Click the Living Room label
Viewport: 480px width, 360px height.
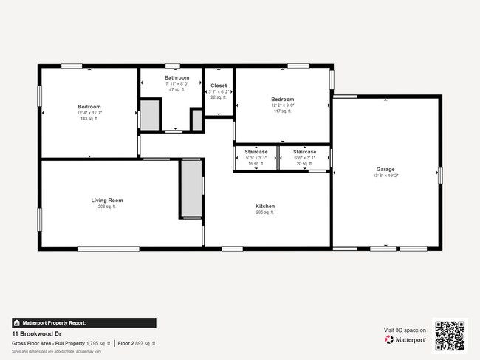pos(107,201)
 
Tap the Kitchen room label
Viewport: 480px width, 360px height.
pos(265,206)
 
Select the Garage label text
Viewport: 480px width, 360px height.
pos(386,169)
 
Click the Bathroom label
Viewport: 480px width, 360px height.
pos(177,77)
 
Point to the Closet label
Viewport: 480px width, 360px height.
pos(219,86)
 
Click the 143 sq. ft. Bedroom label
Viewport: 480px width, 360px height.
pos(89,107)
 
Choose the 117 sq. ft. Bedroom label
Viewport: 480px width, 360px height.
pos(282,100)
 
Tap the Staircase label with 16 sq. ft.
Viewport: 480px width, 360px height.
pos(256,152)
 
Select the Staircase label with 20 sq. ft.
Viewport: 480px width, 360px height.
pos(294,152)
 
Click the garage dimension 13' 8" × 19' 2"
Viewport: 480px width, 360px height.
pos(386,176)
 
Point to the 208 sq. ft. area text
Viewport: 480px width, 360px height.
pos(107,207)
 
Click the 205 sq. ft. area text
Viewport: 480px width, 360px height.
pos(265,212)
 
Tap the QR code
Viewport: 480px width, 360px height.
pos(450,336)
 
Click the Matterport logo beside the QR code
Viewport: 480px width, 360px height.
pos(405,340)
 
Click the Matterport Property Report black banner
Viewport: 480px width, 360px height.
pos(83,322)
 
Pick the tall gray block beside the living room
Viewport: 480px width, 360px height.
pos(191,188)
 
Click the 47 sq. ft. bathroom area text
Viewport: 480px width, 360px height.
pos(177,90)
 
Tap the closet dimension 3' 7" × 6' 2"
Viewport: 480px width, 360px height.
pos(219,91)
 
